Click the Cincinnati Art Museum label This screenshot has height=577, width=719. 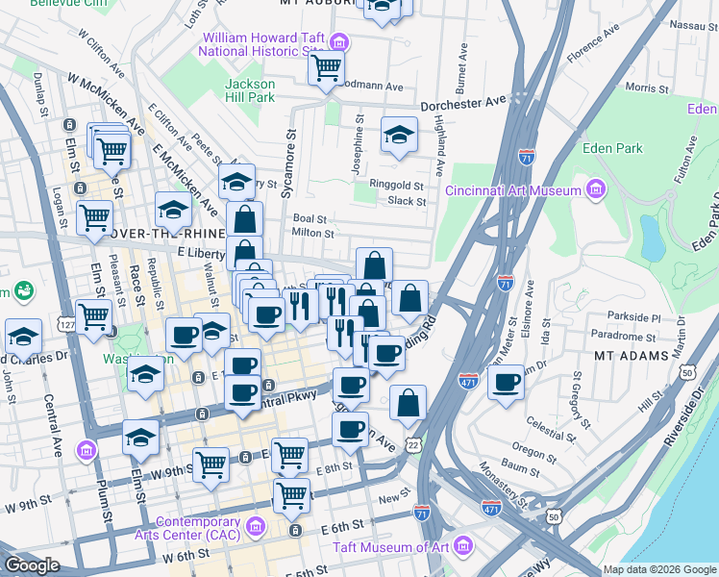point(512,188)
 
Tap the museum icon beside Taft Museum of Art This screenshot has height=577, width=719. point(463,547)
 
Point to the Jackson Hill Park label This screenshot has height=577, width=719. point(250,90)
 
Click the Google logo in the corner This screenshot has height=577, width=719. point(32,565)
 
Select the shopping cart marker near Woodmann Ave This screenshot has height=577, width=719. point(327,66)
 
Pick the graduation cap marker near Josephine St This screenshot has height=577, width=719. point(399,135)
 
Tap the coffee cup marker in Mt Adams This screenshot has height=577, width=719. point(506,382)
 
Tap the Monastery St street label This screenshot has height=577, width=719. point(500,485)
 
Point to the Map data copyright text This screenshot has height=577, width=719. point(658,569)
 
